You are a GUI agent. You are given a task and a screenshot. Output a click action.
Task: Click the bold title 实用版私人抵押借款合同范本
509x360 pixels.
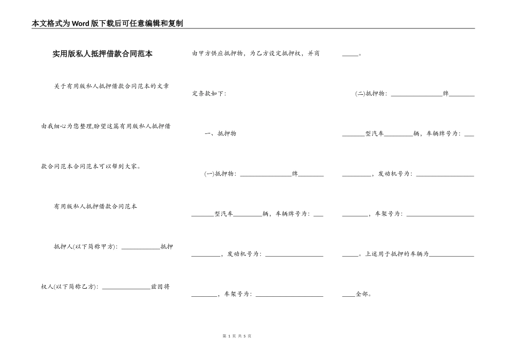[102, 54]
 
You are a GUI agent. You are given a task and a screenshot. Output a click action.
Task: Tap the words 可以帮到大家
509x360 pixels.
[120, 166]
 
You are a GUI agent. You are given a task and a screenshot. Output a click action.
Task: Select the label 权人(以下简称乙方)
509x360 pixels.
[69, 287]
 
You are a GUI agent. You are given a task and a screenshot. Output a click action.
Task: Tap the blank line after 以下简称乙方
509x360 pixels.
[126, 288]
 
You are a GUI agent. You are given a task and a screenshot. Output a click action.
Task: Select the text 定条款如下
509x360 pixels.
[208, 94]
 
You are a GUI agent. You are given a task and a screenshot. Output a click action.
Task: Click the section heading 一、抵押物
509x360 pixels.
[220, 133]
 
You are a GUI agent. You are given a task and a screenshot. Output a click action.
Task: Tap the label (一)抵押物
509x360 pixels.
[220, 174]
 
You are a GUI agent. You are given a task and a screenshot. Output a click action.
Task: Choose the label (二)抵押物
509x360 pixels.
[371, 94]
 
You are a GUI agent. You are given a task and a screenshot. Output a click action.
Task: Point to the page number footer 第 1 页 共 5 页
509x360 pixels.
[236, 335]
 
